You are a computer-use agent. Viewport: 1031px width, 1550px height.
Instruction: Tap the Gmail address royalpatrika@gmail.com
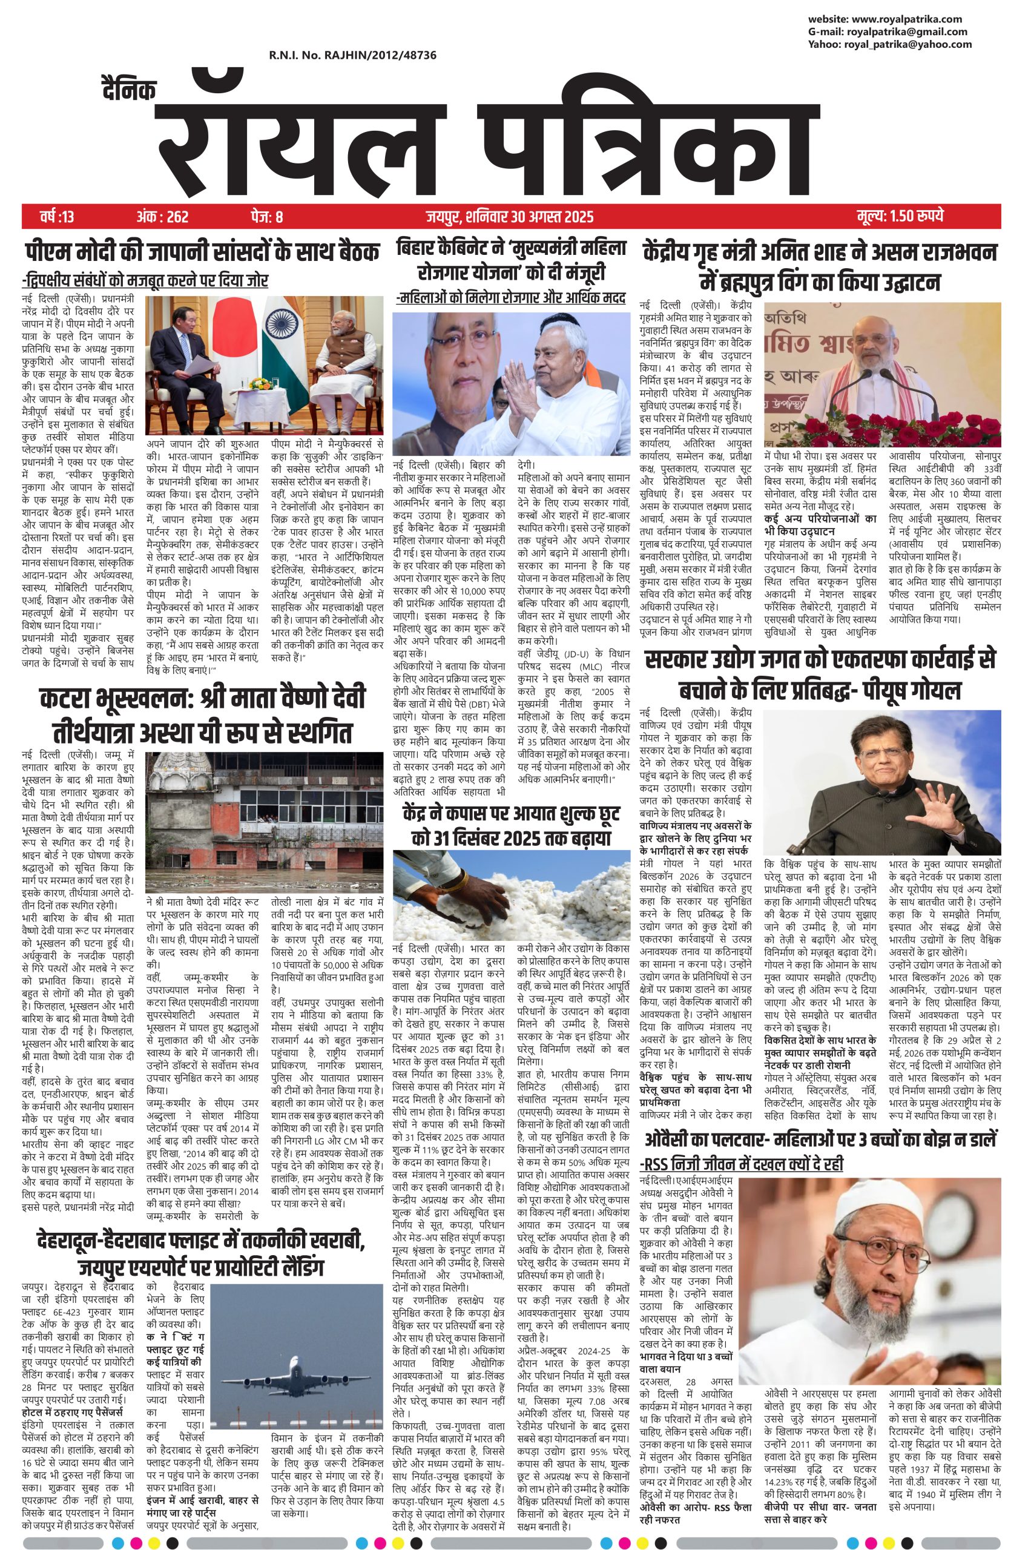[907, 31]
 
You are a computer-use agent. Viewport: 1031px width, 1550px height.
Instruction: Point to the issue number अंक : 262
[162, 216]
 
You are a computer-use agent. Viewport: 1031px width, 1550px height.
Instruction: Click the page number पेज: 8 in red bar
[266, 216]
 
